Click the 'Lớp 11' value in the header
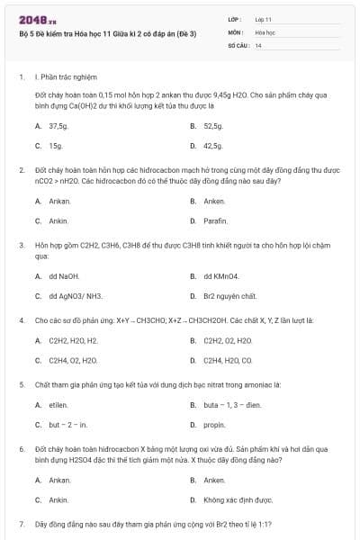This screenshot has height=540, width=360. coord(264,19)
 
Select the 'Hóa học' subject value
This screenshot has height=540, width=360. coord(265,31)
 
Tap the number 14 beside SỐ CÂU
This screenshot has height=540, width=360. coord(258,44)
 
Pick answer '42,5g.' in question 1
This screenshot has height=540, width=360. coord(213,145)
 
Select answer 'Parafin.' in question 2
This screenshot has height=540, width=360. coord(215,220)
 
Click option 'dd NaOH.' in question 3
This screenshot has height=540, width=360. coord(65,276)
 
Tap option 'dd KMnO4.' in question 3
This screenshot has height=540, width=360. coord(221,276)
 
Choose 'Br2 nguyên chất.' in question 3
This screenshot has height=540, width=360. coord(230,295)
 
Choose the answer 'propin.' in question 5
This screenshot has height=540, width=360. coord(214,425)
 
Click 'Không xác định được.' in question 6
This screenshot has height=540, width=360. coord(238,499)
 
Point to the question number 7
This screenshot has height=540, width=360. coord(21,523)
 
